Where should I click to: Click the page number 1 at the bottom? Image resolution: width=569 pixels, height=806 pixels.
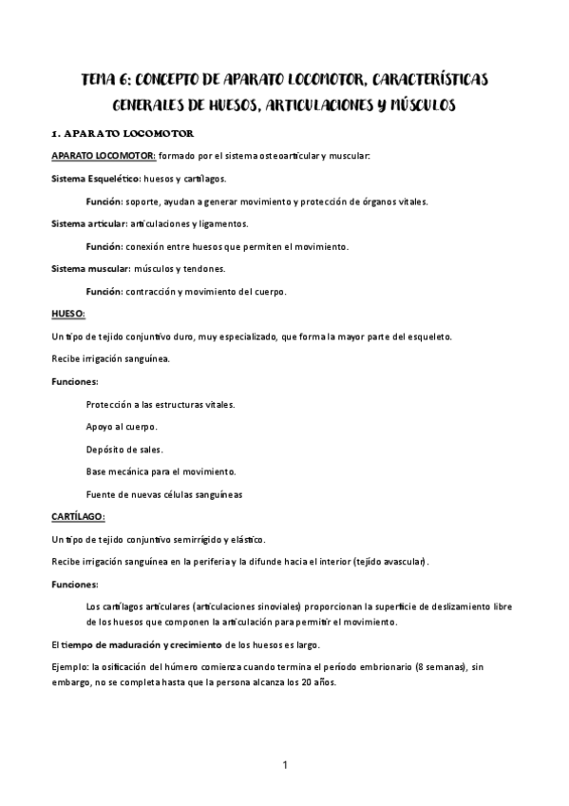point(284,764)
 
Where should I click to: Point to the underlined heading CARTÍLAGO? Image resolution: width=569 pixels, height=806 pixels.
point(78,516)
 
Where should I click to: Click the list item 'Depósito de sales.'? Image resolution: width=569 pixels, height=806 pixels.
point(123,449)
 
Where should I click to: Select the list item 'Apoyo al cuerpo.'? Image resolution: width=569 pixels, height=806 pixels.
point(122,426)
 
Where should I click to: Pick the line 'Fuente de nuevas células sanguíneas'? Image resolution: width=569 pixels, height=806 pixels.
point(163,494)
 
